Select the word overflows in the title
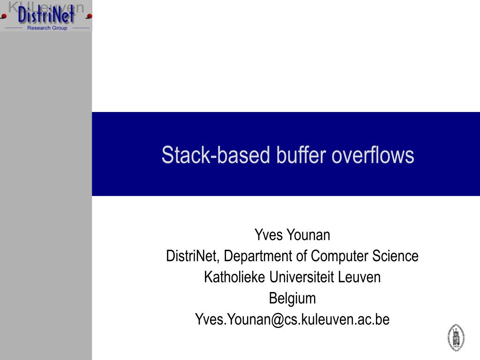tap(373, 155)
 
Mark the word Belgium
tap(292, 299)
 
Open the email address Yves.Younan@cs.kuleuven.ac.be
tap(292, 320)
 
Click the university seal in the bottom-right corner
tap(456, 337)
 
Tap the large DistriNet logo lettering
tap(46, 16)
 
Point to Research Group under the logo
tap(47, 28)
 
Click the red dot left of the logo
tap(4, 16)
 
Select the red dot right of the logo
tap(89, 16)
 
